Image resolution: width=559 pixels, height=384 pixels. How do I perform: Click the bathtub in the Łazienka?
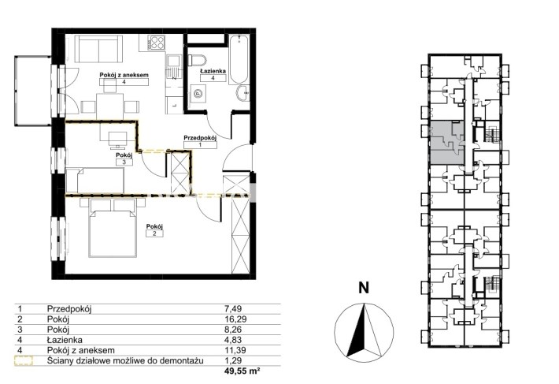pos(239,60)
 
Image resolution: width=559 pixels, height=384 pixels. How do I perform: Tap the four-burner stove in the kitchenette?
pos(157,43)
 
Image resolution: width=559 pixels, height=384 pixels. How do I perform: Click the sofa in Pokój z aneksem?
pos(98,49)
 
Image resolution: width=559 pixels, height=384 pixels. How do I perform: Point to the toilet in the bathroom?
pos(197,60)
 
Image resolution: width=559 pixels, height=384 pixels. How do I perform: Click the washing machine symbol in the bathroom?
pos(198,94)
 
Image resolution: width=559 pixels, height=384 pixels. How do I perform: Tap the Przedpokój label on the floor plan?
pos(200,137)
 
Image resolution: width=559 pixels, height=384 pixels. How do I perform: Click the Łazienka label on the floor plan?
pos(213,71)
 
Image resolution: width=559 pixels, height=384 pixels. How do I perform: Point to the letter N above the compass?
pos(364,288)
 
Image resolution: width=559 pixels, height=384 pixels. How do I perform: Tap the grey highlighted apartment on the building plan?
pos(447,143)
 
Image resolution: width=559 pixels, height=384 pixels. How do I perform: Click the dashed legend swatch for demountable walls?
pos(23,361)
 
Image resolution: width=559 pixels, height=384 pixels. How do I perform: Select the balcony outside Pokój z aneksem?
pos(33,91)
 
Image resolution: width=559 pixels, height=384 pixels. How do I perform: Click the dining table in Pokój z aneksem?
pos(110,106)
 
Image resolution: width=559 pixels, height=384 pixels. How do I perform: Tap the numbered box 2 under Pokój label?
pos(155,233)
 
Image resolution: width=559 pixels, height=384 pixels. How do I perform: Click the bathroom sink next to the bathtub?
pos(243,94)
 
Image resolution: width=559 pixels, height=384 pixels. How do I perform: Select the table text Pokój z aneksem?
pos(81,350)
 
